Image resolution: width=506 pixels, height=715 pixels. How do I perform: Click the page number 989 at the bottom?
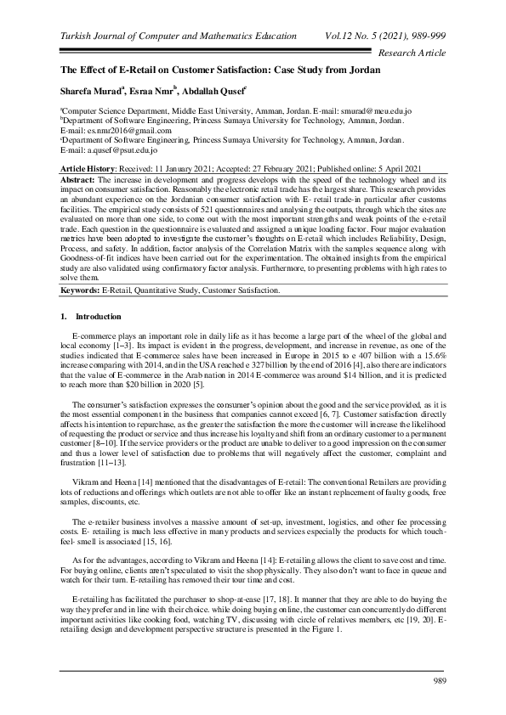coord(439,681)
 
